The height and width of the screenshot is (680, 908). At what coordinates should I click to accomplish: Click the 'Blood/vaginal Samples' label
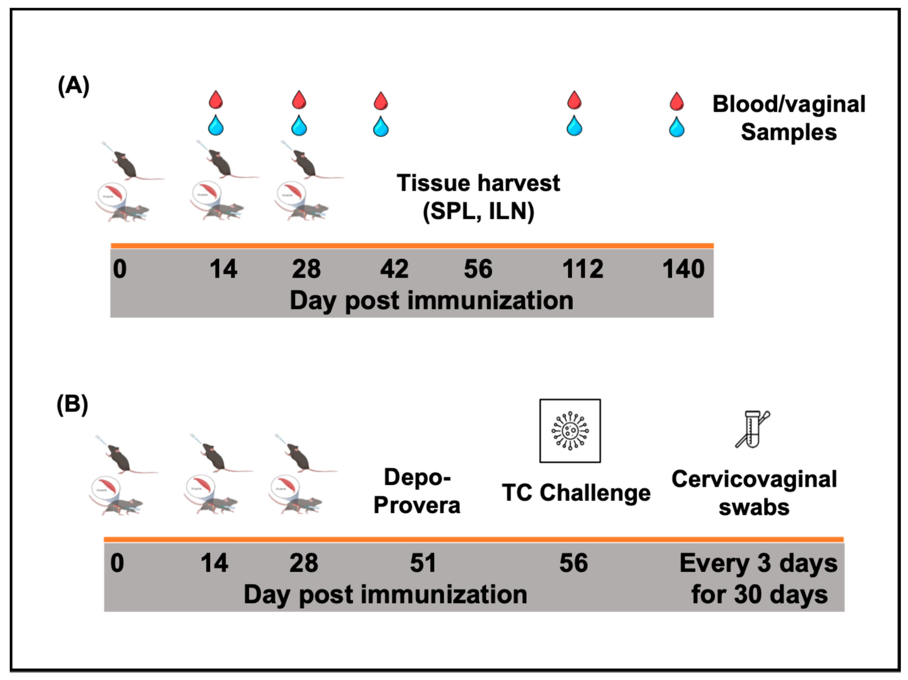(788, 118)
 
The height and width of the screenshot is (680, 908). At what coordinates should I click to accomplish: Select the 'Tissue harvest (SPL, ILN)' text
(478, 197)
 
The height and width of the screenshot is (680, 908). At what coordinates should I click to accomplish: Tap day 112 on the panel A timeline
(583, 269)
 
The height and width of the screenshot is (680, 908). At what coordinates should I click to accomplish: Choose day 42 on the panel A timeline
(394, 269)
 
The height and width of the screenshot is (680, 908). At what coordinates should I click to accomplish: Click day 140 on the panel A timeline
(683, 269)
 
